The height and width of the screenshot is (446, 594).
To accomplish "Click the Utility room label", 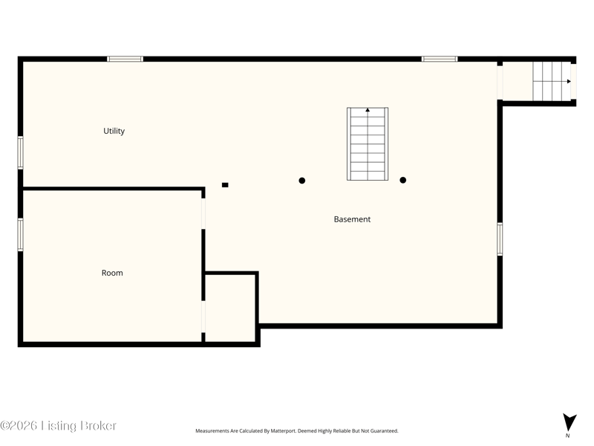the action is pyautogui.click(x=114, y=131).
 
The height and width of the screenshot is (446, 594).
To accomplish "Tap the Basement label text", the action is pyautogui.click(x=352, y=219).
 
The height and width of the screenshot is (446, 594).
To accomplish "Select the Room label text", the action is pyautogui.click(x=112, y=273).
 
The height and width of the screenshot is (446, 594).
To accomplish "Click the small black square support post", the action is pyautogui.click(x=225, y=185).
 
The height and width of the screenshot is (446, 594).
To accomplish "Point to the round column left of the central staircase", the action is pyautogui.click(x=302, y=181).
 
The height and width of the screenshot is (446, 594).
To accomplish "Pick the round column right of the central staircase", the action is pyautogui.click(x=403, y=180).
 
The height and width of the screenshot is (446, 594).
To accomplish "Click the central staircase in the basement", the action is pyautogui.click(x=368, y=143).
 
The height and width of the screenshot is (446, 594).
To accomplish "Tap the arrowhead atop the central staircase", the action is pyautogui.click(x=368, y=110).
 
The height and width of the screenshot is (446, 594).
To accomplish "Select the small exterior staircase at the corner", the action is pyautogui.click(x=552, y=81).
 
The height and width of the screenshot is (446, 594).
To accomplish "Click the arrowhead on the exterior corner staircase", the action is pyautogui.click(x=569, y=81).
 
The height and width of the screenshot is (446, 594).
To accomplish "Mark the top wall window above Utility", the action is pyautogui.click(x=125, y=59).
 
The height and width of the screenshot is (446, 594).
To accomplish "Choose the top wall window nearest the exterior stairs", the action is pyautogui.click(x=440, y=59).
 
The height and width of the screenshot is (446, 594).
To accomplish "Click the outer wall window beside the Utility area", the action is pyautogui.click(x=21, y=152).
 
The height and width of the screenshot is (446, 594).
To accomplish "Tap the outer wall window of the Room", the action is pyautogui.click(x=21, y=234).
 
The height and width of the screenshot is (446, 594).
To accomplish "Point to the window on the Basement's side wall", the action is pyautogui.click(x=500, y=239).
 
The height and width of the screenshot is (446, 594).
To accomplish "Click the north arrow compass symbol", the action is pyautogui.click(x=569, y=423).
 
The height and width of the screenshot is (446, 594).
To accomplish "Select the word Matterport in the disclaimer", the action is pyautogui.click(x=283, y=431).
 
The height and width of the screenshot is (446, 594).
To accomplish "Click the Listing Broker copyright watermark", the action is pyautogui.click(x=58, y=425).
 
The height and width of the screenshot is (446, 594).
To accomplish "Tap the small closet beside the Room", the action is pyautogui.click(x=230, y=308).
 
